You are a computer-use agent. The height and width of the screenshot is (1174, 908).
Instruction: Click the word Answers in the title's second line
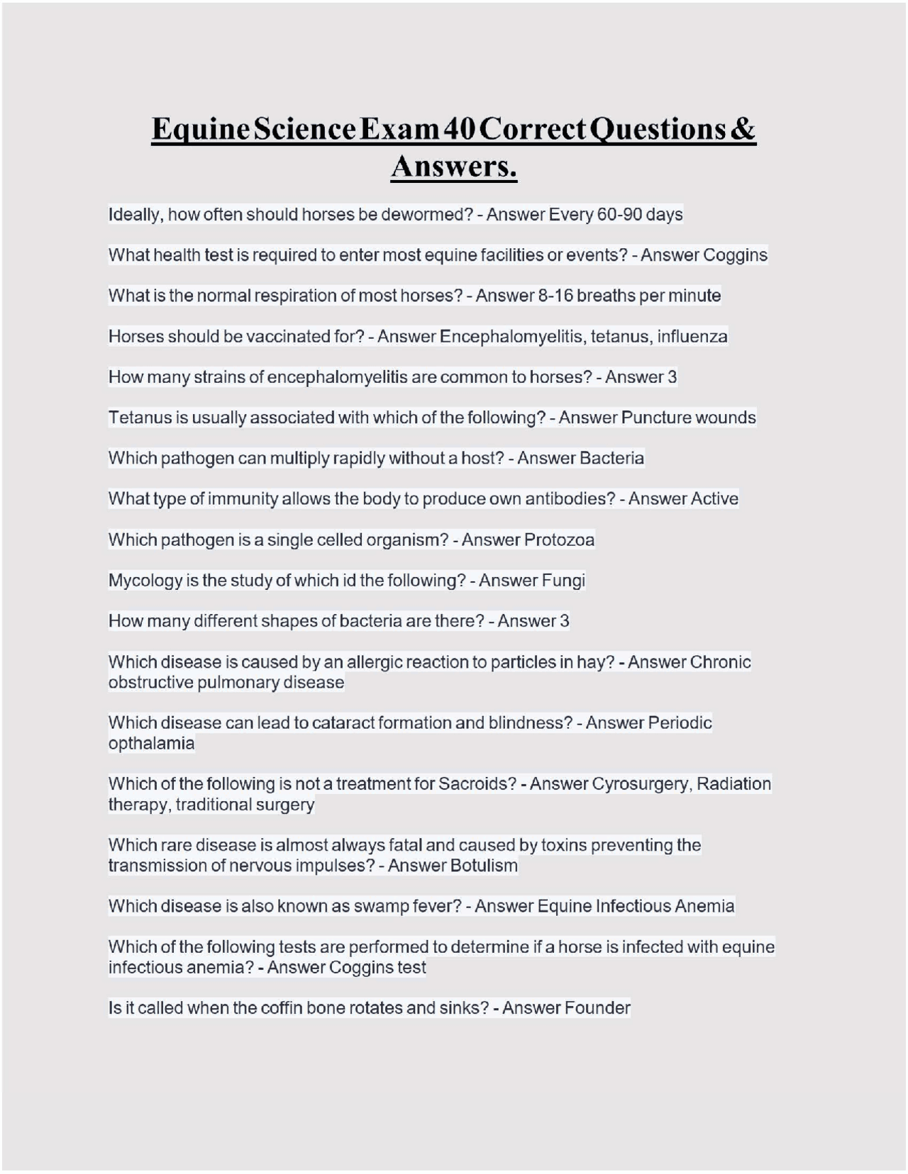[453, 167]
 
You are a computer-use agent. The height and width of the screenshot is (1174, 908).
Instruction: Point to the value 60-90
[619, 214]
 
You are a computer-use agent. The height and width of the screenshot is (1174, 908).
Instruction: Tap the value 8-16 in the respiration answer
[555, 296]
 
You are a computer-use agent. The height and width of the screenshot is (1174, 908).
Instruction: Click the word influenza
[692, 336]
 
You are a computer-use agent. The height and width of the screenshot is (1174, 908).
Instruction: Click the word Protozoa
[559, 540]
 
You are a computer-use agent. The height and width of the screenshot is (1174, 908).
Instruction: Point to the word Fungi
[563, 581]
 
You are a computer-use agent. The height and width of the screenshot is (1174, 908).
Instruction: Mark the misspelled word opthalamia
[151, 744]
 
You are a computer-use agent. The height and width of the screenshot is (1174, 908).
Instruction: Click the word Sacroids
[477, 784]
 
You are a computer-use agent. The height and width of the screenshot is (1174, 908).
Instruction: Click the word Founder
[601, 1008]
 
